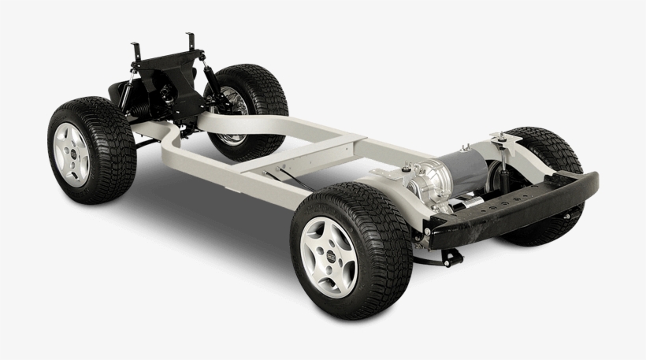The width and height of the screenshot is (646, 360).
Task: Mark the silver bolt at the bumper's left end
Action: (428, 229)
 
